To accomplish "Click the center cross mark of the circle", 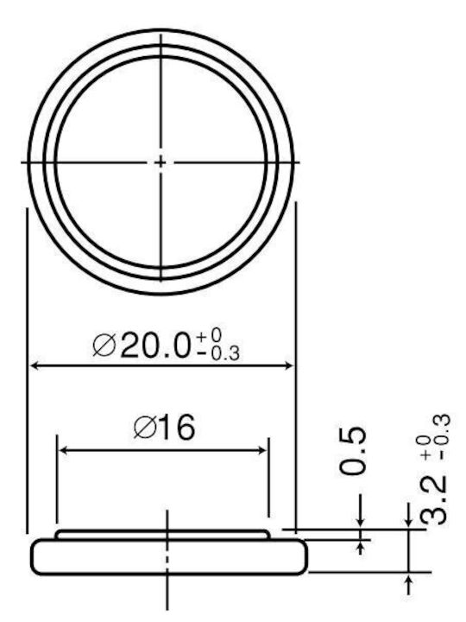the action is tap(161, 162).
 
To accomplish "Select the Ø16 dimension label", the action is tap(165, 428).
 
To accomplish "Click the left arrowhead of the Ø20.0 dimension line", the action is tap(35, 365).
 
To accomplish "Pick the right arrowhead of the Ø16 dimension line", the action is tap(262, 450).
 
